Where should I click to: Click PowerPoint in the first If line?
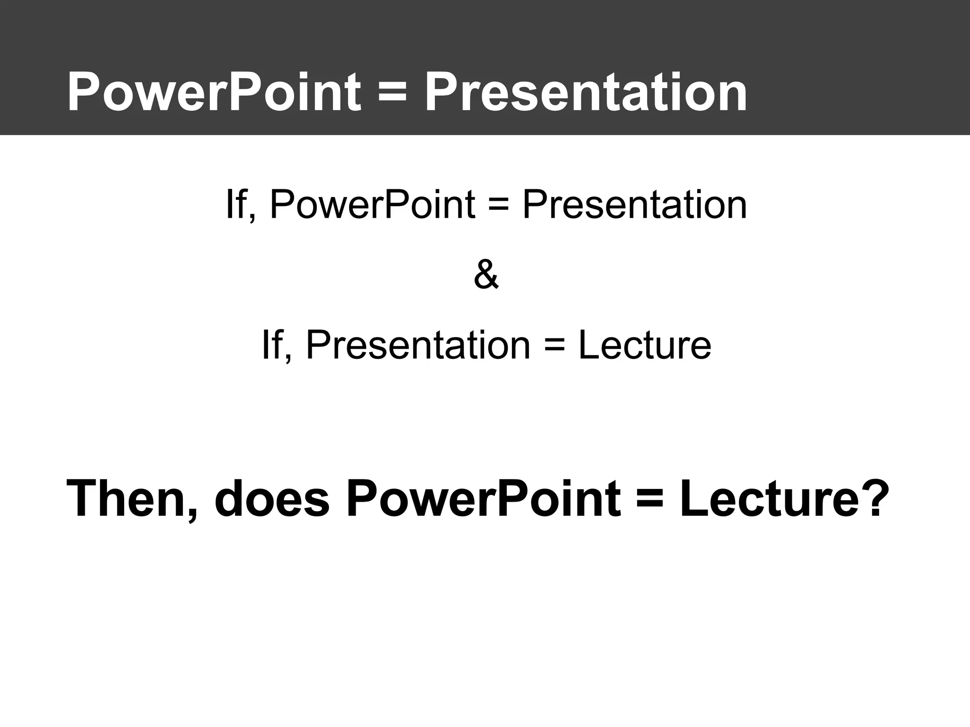(x=372, y=204)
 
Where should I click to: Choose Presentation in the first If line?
(x=634, y=204)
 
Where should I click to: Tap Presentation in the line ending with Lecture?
(x=418, y=345)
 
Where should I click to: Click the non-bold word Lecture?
(x=645, y=345)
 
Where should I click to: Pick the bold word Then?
(x=126, y=499)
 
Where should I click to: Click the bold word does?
(x=271, y=499)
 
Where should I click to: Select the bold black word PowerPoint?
(x=483, y=499)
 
